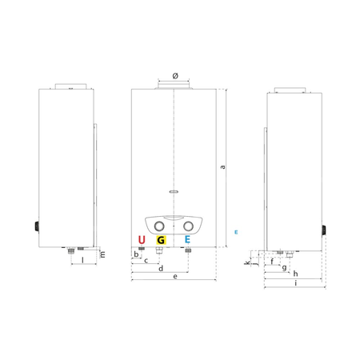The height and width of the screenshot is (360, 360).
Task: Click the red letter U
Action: pos(142,240)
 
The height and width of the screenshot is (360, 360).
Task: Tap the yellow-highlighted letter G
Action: pos(161,240)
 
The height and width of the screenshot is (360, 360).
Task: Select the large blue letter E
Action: pos(187,240)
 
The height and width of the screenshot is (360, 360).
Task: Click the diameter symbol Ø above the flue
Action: pos(175,76)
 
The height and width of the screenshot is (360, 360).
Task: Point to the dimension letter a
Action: pos(222,167)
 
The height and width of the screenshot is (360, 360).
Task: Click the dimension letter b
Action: pos(136,254)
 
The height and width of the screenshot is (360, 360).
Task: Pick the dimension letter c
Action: pos(146,261)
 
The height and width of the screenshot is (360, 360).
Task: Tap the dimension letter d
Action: pos(161,268)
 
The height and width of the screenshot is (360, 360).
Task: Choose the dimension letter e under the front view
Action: pos(175,277)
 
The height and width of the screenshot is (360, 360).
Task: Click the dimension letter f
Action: pos(272,262)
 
